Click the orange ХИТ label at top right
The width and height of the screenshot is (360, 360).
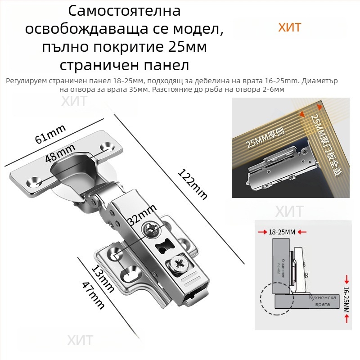click(x=289, y=27)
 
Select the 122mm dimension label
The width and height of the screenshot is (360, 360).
click(x=193, y=184)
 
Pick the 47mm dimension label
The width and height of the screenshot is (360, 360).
click(x=93, y=295)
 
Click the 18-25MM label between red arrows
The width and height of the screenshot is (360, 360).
click(x=282, y=232)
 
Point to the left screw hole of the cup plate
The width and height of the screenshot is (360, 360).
click(x=33, y=181)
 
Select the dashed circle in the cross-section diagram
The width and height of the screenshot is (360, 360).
click(x=276, y=298)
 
